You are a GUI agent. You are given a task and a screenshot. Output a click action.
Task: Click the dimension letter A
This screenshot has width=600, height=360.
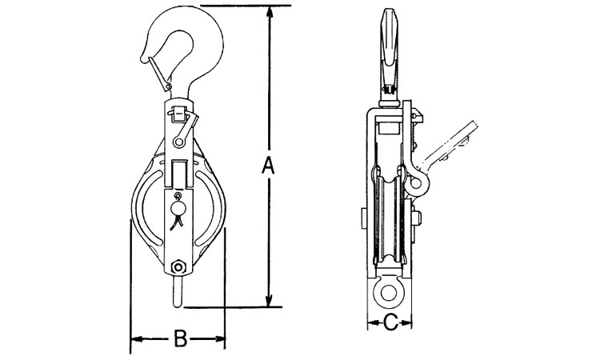pos(269,166)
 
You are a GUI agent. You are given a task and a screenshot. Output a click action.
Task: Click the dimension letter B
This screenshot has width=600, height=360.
pos(180,338)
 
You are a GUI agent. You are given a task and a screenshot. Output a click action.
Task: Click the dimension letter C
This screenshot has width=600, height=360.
pos(390,323)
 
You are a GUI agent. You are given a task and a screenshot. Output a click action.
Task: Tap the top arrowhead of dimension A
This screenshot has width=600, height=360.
pos(270,12)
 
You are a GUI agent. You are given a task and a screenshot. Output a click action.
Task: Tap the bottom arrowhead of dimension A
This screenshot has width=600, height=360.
pos(270,300)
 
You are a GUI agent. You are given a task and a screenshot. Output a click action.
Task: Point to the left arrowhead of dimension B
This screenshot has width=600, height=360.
pos(137,339)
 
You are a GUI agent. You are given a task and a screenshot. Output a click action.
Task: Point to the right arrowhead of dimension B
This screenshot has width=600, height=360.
pos(219,339)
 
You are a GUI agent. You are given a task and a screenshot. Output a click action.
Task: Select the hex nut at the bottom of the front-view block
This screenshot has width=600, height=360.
pos(178,266)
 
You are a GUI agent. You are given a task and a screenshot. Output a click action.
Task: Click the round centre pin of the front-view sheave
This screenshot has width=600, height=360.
pos(178,209)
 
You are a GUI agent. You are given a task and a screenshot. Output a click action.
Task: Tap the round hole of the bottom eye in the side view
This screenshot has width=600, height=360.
pos(389,294)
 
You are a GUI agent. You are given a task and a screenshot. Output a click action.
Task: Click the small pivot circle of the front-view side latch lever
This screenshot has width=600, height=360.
pos(178,142)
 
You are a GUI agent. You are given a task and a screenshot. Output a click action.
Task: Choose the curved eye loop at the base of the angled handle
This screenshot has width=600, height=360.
pos(416,184)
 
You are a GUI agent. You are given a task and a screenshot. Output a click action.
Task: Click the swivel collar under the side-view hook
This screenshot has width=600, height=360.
pos(390,103)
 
